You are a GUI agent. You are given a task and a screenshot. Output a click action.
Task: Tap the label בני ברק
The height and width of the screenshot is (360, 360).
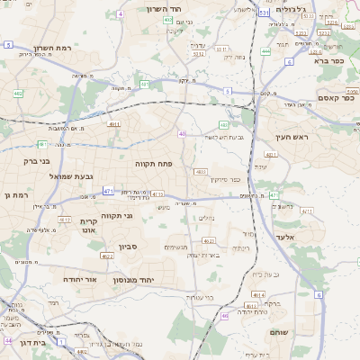(x=31, y=161)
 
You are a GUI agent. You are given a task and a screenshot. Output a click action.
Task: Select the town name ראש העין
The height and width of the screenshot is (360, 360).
(x=292, y=138)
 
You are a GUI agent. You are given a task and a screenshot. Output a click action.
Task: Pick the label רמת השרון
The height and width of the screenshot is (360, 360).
(x=51, y=48)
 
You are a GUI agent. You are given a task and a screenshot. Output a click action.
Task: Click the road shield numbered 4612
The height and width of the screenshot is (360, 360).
(x=65, y=219)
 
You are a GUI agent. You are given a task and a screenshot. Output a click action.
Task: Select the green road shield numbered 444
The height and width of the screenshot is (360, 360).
(x=265, y=51)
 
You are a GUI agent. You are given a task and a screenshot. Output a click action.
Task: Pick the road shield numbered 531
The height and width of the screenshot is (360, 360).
(x=263, y=13)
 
